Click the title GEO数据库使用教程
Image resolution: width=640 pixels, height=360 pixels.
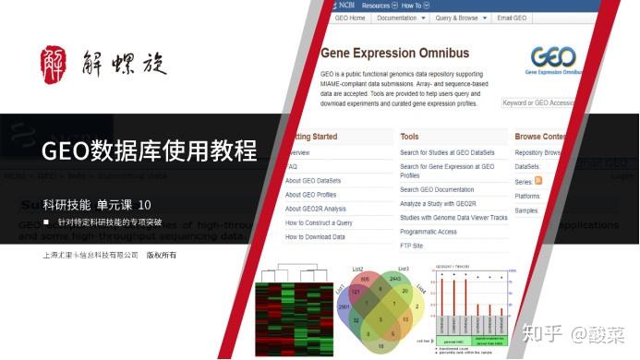(150, 150)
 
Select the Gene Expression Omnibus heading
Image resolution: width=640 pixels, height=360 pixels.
(394, 54)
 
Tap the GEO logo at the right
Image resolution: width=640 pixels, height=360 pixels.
(554, 59)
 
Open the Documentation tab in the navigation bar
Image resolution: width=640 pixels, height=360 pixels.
(401, 18)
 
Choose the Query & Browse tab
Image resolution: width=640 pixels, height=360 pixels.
(458, 18)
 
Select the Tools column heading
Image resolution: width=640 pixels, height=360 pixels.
(409, 137)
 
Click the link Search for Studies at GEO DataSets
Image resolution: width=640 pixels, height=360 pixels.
(447, 152)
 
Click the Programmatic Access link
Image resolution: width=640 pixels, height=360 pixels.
(429, 232)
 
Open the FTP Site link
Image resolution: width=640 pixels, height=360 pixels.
(412, 246)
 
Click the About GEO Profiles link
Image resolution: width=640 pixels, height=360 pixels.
(312, 195)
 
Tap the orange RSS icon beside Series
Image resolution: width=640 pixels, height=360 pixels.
(538, 181)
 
